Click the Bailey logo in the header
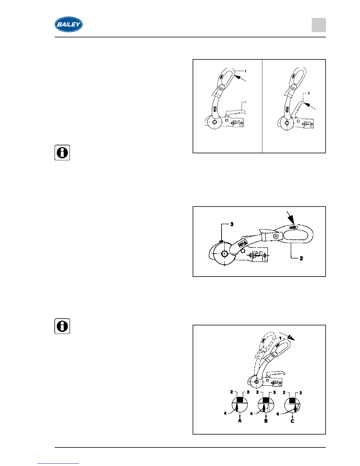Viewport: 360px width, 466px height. point(69,24)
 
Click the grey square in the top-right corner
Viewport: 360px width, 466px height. point(319,25)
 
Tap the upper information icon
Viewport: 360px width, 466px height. point(62,153)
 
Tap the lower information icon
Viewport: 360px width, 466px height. point(62,326)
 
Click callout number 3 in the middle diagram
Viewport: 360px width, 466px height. point(232,224)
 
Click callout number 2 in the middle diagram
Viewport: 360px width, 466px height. point(301,258)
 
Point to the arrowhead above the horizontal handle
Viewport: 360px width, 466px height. point(291,220)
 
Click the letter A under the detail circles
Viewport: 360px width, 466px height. point(240,421)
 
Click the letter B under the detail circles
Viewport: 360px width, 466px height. point(266,421)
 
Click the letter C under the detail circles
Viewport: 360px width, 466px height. point(292,421)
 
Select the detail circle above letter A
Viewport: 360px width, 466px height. point(240,405)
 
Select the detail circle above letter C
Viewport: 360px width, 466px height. point(292,405)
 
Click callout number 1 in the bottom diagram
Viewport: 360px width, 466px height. point(280,338)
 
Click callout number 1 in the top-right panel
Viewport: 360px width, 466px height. point(308,93)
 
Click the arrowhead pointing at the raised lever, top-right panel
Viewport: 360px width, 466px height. point(306,104)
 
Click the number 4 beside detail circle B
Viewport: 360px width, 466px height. point(251,414)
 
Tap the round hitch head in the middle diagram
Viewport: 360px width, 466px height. point(224,254)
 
